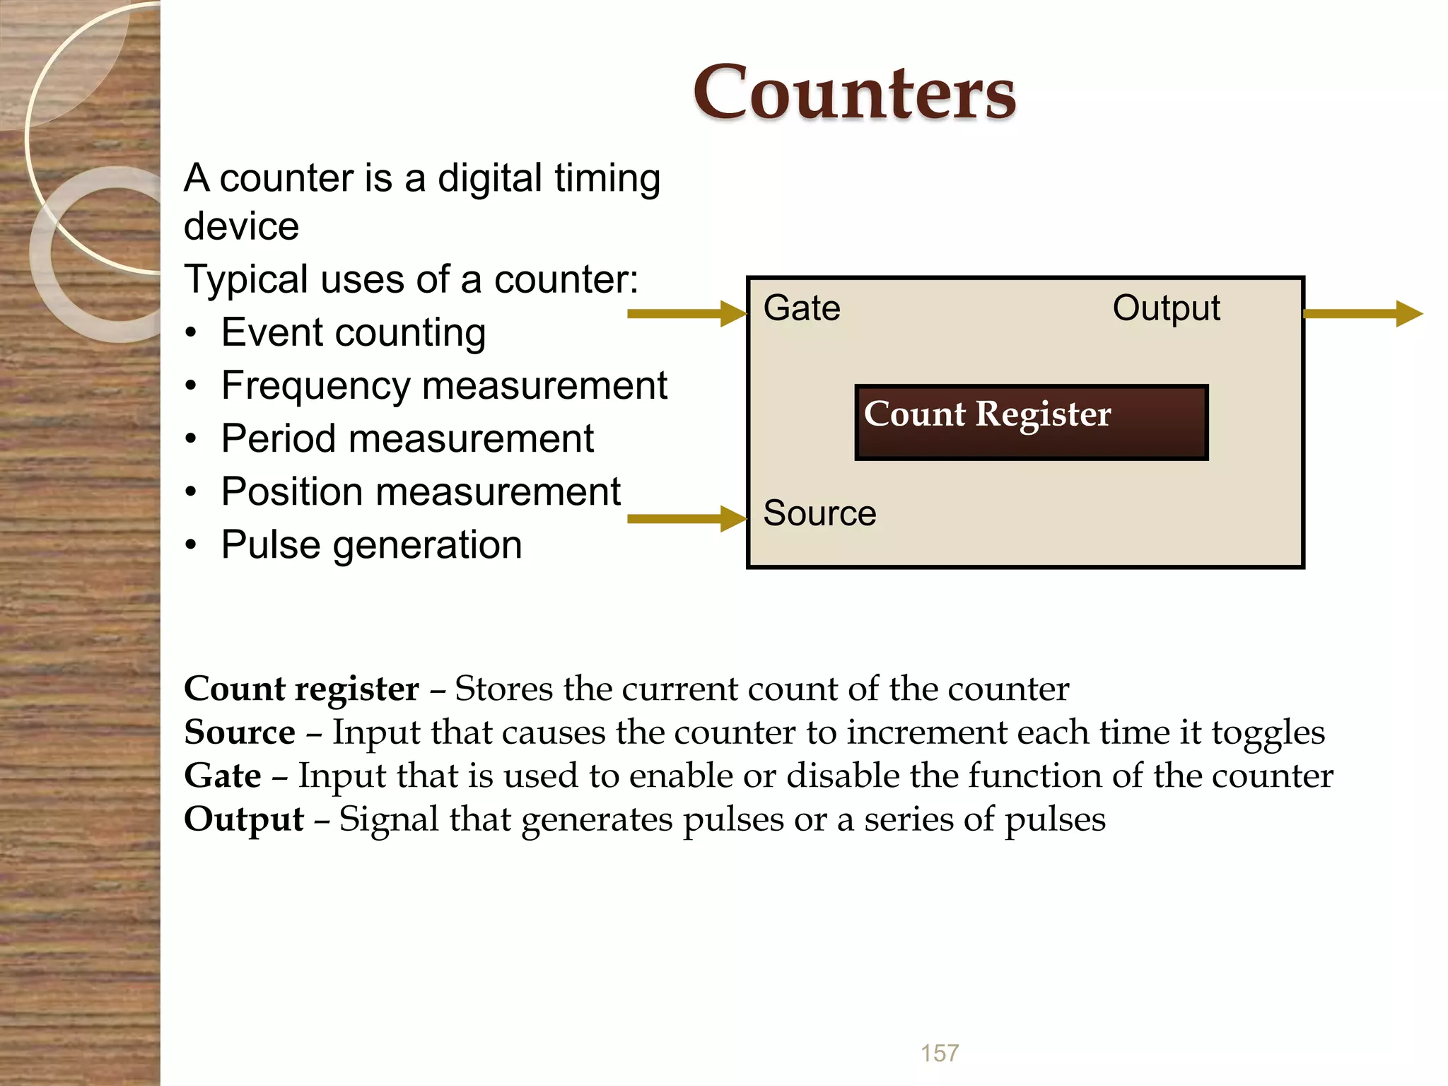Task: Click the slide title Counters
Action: coord(854,93)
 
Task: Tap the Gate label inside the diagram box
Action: coord(802,308)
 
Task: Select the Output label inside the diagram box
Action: coord(1166,308)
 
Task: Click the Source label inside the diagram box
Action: coord(819,513)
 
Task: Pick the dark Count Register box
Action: coord(1031,423)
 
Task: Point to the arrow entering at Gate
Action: coord(686,313)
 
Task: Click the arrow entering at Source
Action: coord(686,518)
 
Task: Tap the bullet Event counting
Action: coord(353,332)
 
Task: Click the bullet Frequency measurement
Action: coord(443,386)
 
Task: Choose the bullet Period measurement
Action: coord(407,439)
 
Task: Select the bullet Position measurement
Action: coord(421,492)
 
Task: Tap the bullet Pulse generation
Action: coord(371,545)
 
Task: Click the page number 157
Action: coord(940,1053)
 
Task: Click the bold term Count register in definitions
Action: coord(301,689)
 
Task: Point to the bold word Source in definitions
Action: coord(239,732)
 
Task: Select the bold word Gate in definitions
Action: coord(222,776)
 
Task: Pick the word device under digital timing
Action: coord(241,227)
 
